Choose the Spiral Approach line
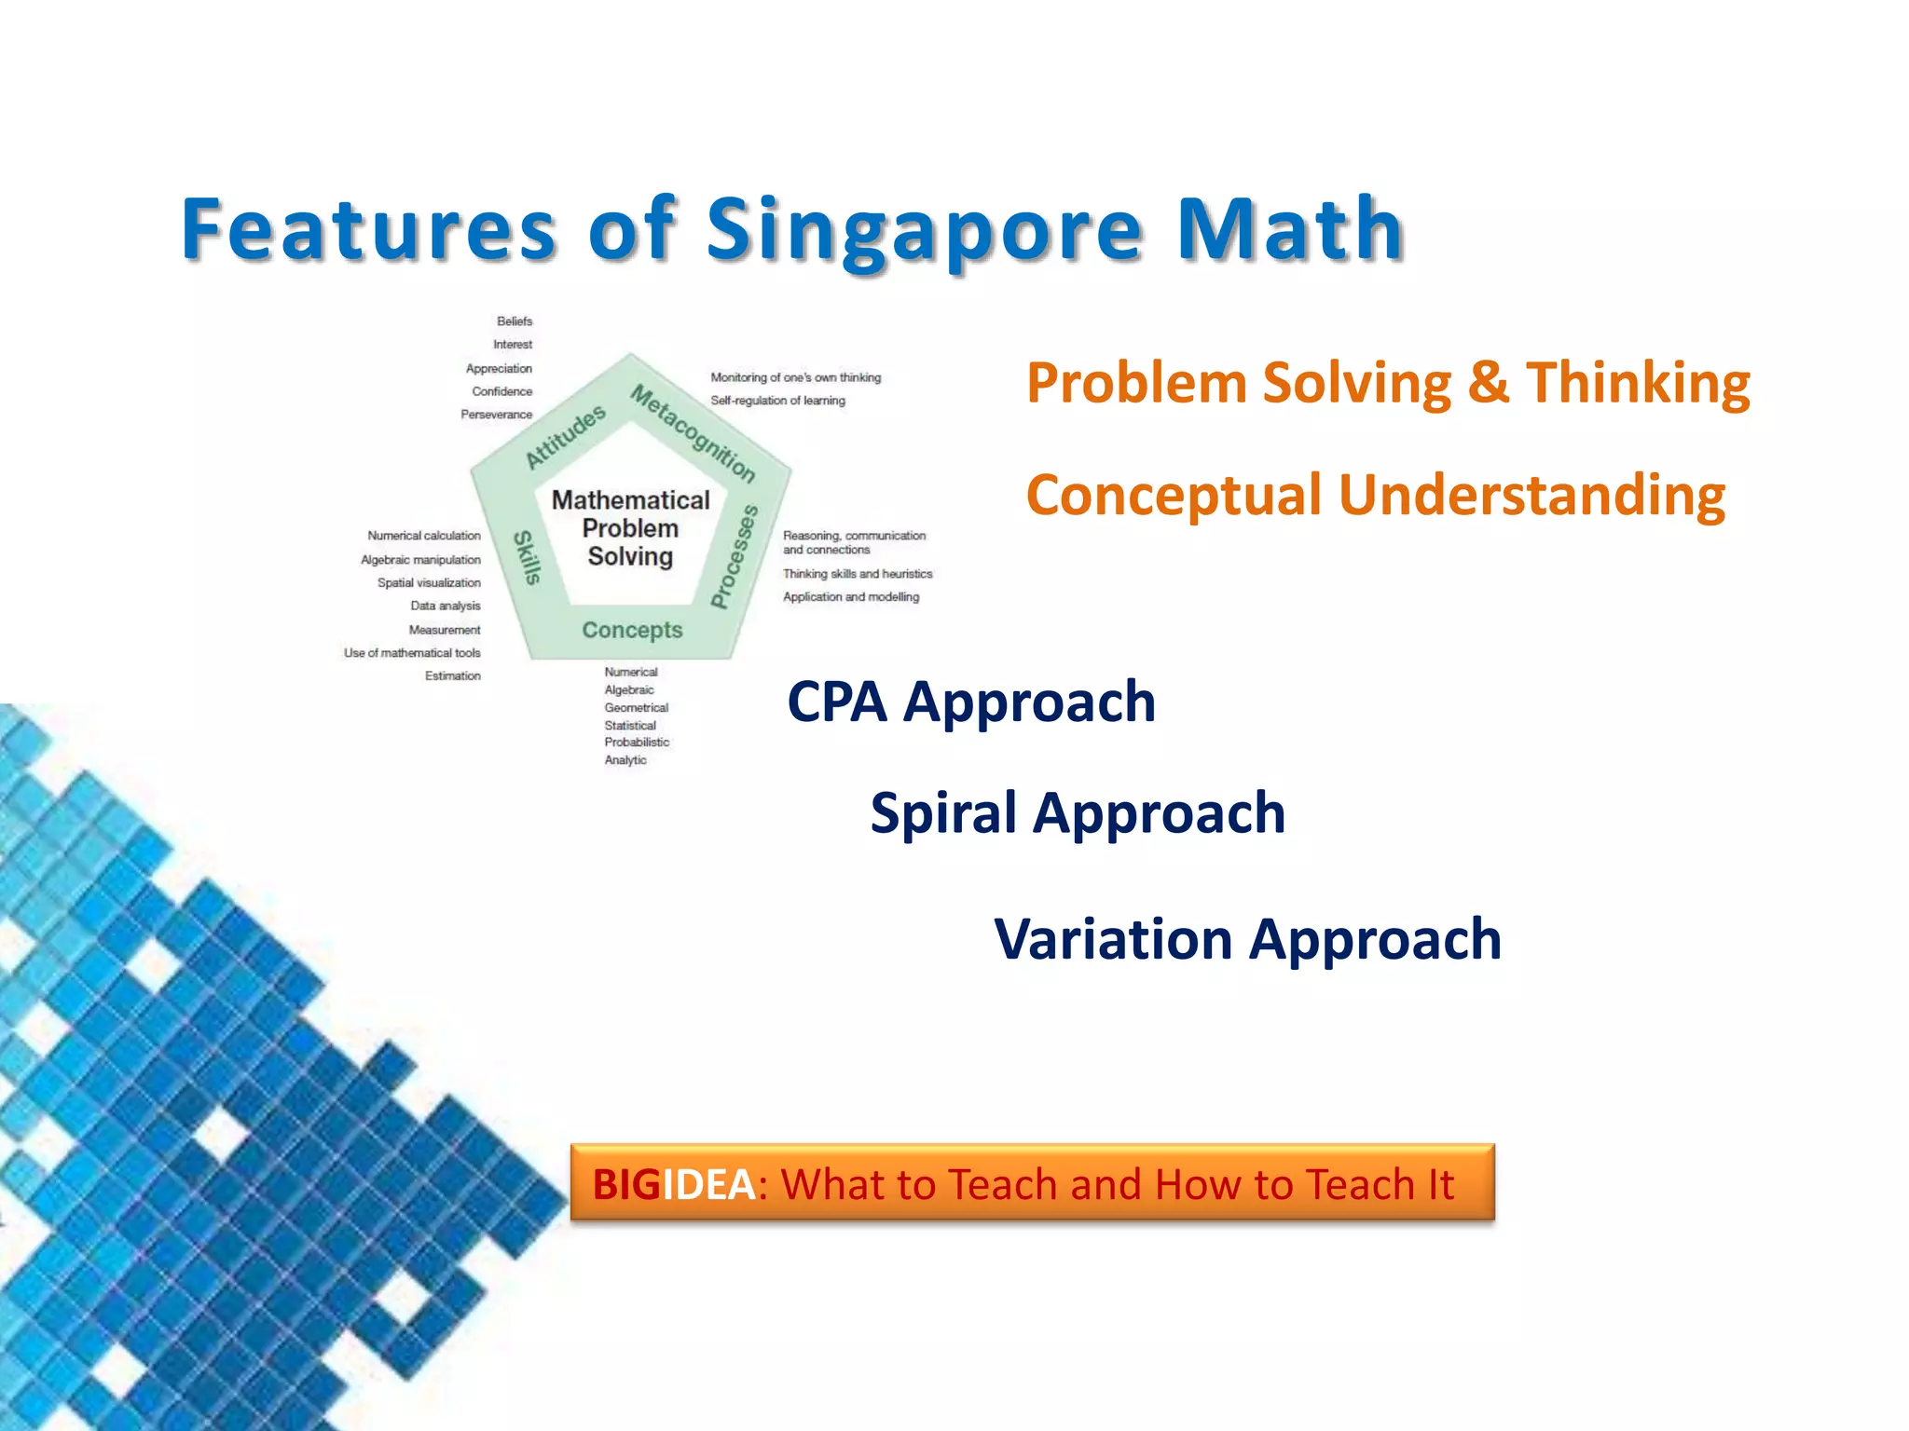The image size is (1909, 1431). (1078, 812)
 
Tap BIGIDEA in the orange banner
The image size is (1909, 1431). (673, 1184)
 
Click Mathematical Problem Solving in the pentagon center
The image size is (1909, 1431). (630, 528)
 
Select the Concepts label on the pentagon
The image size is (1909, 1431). (632, 631)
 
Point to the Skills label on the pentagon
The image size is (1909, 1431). (528, 557)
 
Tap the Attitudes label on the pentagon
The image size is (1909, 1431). (565, 436)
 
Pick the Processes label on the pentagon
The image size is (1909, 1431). (735, 556)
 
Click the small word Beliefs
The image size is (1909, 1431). (515, 321)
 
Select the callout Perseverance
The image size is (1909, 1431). (496, 415)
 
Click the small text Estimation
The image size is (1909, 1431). (453, 676)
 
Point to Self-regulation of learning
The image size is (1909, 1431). (777, 401)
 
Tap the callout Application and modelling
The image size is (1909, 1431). (850, 597)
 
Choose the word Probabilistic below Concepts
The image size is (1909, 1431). (637, 743)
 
